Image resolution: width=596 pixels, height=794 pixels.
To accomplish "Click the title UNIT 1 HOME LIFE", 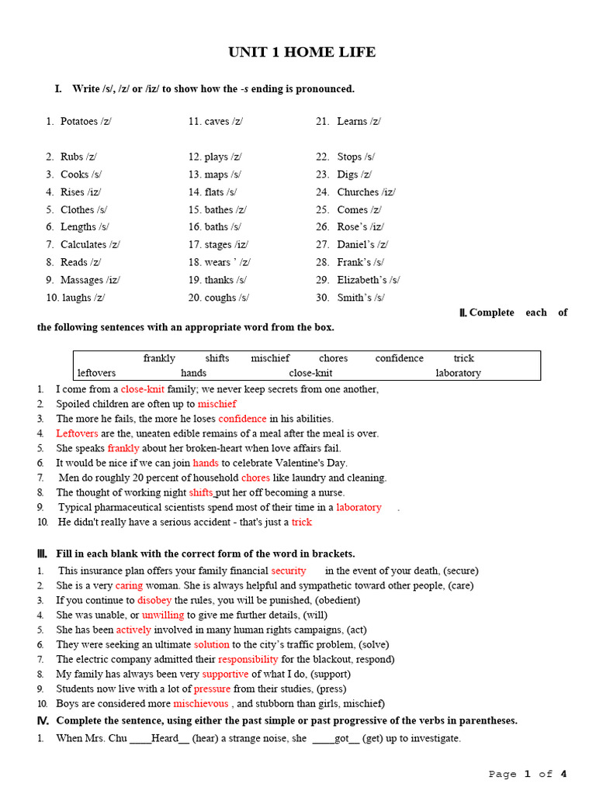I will (x=301, y=53).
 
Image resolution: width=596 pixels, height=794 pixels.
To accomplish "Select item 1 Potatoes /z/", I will (x=85, y=122).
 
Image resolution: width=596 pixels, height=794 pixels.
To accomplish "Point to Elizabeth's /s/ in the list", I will (x=368, y=280).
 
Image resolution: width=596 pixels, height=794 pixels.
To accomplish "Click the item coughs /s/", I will (x=226, y=298).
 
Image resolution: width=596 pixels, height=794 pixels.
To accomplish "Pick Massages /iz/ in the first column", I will (x=90, y=280).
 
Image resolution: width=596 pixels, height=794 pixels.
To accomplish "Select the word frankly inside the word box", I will (x=159, y=358).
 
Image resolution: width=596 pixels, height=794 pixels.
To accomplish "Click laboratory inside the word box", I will (x=458, y=373).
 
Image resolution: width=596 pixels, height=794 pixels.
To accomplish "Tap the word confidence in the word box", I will (x=399, y=358).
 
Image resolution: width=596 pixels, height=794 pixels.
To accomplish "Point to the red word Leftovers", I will (x=78, y=433).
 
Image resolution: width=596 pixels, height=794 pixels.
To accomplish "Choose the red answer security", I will (x=289, y=571).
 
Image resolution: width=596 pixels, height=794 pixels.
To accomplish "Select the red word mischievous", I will (x=201, y=703).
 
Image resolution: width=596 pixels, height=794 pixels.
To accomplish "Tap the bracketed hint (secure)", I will (x=461, y=571).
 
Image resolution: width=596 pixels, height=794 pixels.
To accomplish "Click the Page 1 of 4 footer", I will (x=528, y=774).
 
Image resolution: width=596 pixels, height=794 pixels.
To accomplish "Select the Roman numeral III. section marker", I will (x=43, y=554).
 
